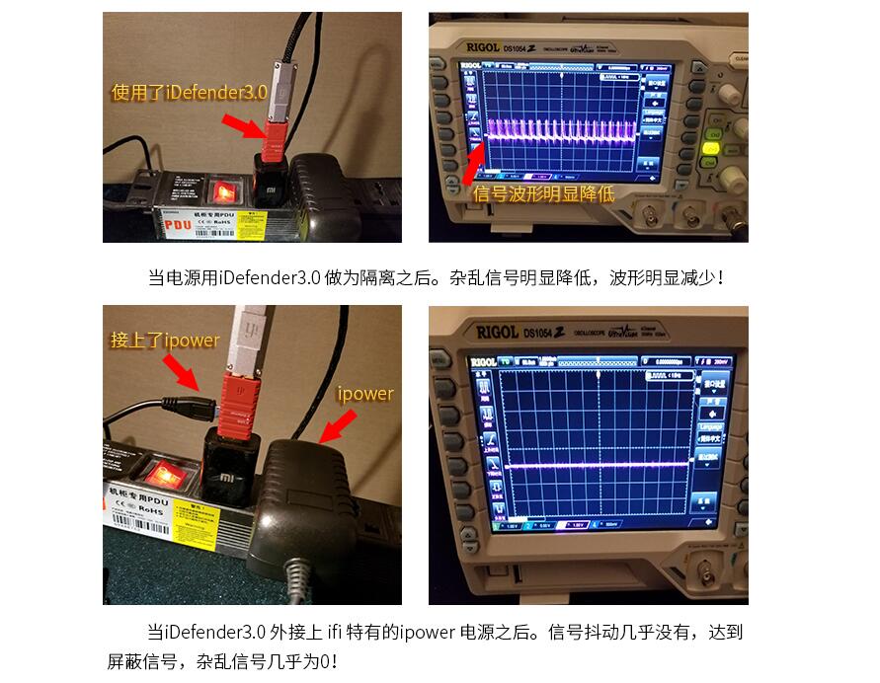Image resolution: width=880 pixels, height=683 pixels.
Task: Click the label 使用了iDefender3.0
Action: tap(189, 93)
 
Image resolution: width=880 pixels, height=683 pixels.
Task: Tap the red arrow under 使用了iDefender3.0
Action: tap(241, 126)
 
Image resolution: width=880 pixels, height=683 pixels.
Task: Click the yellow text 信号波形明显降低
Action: tap(544, 193)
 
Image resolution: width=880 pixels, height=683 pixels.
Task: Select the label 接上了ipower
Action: tap(165, 341)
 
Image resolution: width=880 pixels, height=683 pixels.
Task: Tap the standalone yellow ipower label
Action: tap(365, 394)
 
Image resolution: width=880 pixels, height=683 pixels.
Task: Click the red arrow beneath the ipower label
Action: tap(336, 426)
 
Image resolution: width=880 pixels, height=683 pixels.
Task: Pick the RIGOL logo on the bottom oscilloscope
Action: tap(498, 333)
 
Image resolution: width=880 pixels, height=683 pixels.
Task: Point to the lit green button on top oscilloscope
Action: tap(709, 149)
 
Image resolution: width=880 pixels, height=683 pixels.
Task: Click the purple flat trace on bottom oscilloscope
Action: tap(593, 464)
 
